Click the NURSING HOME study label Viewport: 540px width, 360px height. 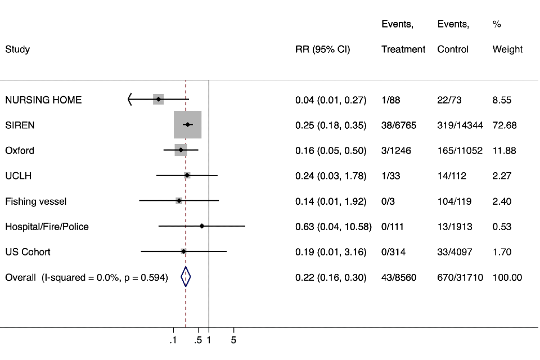[43, 100]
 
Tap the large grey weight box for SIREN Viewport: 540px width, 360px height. [187, 125]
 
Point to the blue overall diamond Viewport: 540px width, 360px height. [186, 277]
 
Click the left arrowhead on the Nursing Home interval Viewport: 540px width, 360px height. [130, 100]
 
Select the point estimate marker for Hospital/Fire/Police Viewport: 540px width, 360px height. [201, 226]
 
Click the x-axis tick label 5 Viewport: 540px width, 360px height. [233, 340]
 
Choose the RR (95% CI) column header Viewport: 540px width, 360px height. [322, 49]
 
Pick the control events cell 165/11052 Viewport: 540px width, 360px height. [460, 151]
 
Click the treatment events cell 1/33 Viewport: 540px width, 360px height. [391, 176]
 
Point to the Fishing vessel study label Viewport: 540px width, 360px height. [36, 201]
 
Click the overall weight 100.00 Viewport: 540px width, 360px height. [507, 277]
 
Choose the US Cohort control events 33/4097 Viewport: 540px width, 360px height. [454, 252]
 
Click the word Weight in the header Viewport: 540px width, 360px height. [507, 49]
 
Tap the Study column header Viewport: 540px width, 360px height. [17, 49]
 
